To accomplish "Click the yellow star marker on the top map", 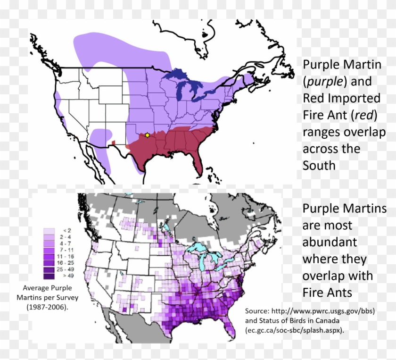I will point(147,135).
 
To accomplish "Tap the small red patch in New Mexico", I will point(113,142).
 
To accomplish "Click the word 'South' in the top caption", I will point(319,166).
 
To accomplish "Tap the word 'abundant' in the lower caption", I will point(330,242).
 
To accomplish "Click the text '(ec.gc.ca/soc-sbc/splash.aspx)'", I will point(295,330).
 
